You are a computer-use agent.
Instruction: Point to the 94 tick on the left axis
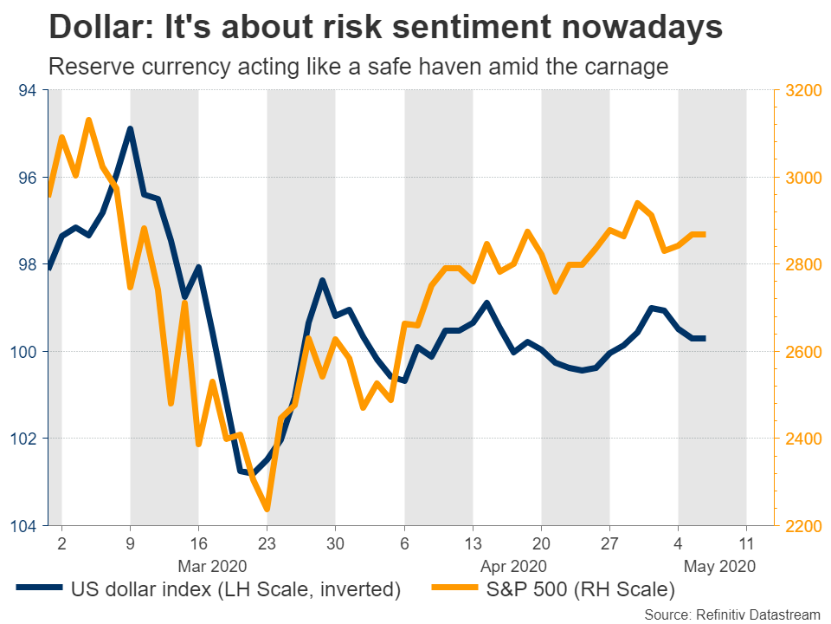29,90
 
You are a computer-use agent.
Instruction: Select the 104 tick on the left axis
25,526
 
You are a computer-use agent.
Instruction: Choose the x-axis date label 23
267,544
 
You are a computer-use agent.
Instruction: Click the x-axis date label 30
335,544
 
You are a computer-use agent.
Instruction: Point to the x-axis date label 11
746,544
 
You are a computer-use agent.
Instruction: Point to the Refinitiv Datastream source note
732,613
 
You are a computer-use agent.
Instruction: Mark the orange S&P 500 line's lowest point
267,509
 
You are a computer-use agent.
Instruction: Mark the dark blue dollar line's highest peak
130,129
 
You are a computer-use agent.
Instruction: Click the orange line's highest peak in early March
89,120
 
